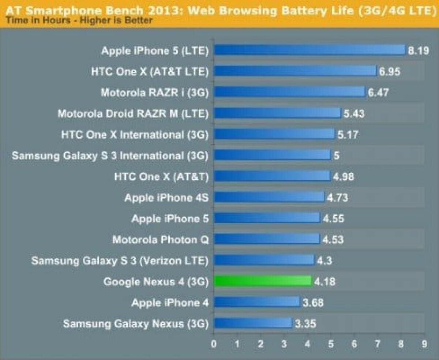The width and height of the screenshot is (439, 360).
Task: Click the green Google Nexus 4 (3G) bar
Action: pyautogui.click(x=262, y=281)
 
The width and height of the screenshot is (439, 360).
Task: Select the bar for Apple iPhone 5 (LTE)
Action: pyautogui.click(x=309, y=50)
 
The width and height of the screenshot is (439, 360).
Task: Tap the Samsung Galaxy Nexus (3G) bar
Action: pyautogui.click(x=253, y=323)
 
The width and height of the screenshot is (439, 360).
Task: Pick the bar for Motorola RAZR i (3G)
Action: pyautogui.click(x=289, y=92)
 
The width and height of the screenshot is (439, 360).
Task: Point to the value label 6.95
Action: pyautogui.click(x=390, y=71)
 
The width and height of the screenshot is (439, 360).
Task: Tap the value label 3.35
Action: pyautogui.click(x=305, y=324)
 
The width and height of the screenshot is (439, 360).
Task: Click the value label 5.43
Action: pyautogui.click(x=354, y=113)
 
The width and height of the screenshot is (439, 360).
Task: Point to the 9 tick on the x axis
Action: pyautogui.click(x=424, y=344)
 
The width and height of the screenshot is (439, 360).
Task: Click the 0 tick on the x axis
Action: pyautogui.click(x=214, y=344)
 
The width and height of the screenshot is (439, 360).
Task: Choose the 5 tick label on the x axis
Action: pyautogui.click(x=331, y=344)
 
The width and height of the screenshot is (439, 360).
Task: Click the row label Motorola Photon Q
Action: pyautogui.click(x=161, y=240)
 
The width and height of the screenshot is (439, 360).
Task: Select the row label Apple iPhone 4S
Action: pyautogui.click(x=166, y=198)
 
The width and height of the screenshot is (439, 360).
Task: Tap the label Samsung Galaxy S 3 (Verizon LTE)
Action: pyautogui.click(x=120, y=261)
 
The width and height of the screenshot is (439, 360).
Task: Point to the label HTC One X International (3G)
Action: pyautogui.click(x=135, y=135)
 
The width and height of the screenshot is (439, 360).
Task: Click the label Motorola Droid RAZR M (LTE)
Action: pyautogui.click(x=133, y=114)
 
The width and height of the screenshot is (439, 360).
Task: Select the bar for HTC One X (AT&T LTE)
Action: pyautogui.click(x=295, y=71)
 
